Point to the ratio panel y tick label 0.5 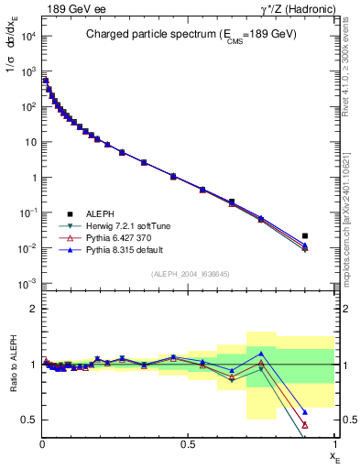[x=28, y=420]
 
